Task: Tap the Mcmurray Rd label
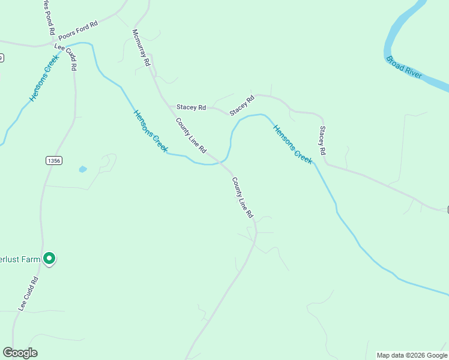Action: [x=140, y=47]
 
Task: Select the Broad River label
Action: [x=404, y=68]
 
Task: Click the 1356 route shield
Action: [x=53, y=160]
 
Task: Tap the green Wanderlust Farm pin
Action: [x=49, y=259]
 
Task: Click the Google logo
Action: [x=20, y=353]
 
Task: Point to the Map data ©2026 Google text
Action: [x=412, y=355]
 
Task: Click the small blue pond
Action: [x=83, y=169]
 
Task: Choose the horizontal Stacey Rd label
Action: [x=191, y=107]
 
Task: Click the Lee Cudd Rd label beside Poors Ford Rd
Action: [x=66, y=57]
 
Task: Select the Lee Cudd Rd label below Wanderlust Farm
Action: [x=29, y=293]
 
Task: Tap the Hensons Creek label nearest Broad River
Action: [x=293, y=144]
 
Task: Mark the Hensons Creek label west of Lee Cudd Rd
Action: [x=43, y=78]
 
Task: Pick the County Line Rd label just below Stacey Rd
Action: [x=191, y=135]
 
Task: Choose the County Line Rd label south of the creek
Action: [x=243, y=197]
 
